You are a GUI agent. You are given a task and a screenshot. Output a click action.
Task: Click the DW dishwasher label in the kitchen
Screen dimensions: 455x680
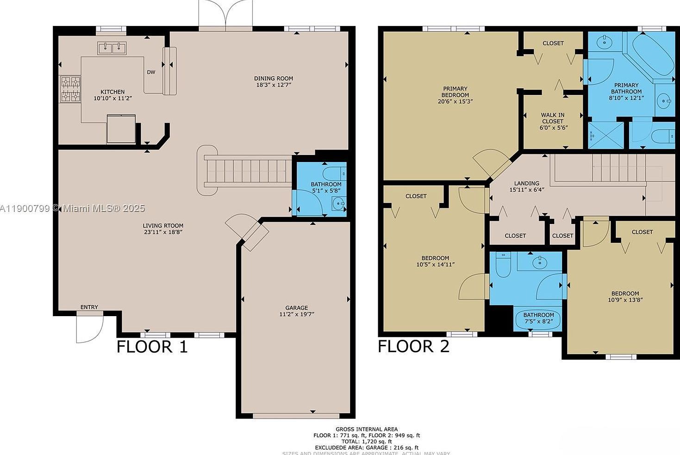point(151,72)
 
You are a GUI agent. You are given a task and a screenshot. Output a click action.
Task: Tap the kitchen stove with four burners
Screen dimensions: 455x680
point(70,89)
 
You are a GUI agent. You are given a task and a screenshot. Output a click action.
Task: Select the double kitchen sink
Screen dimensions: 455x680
point(112,48)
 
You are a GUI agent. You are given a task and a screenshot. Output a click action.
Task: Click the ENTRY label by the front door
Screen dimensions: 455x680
point(89,307)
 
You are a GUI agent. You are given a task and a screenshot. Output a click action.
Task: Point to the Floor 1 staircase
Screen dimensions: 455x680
point(248,171)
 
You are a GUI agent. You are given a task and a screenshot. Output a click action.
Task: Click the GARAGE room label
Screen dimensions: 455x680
point(297,308)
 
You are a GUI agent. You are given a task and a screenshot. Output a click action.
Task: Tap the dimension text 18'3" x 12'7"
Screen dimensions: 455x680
point(274,85)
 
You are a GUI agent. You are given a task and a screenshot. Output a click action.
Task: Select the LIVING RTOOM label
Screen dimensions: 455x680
point(163,226)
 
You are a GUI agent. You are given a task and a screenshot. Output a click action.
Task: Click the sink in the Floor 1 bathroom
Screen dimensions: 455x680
point(339,203)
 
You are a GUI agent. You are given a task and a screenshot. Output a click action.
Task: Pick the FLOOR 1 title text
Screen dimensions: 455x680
point(152,347)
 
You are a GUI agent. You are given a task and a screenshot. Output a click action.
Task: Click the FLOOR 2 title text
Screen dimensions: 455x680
point(413,346)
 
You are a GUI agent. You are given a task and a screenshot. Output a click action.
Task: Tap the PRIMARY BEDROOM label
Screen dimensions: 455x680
point(455,92)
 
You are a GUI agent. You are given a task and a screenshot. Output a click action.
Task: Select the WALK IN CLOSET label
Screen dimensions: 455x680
point(552,118)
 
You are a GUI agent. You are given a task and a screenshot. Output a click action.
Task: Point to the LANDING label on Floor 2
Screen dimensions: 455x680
point(526,183)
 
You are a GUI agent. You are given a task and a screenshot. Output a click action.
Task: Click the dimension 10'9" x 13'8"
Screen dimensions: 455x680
point(625,299)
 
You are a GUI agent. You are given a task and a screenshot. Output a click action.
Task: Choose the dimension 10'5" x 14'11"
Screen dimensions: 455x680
point(435,264)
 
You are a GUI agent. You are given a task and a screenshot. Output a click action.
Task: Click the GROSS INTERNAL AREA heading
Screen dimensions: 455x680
point(367,429)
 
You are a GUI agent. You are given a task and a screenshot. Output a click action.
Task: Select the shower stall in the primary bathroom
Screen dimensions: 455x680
point(605,135)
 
